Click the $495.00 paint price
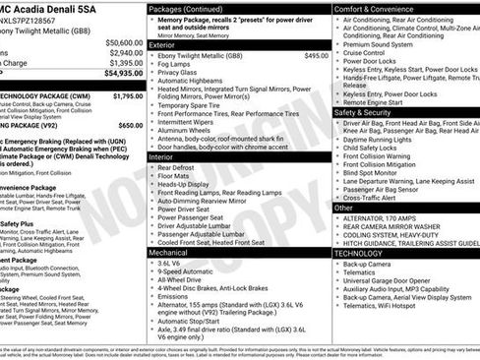[316, 56]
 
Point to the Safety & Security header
[369, 112]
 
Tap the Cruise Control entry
[366, 52]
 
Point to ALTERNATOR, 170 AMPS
[384, 217]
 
